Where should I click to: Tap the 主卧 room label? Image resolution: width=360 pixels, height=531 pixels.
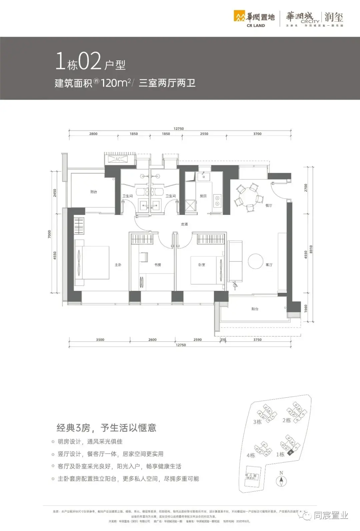click(x=118, y=265)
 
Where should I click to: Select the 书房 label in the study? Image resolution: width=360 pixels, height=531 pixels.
click(x=158, y=265)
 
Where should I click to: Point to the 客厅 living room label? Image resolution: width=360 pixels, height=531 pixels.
click(x=269, y=265)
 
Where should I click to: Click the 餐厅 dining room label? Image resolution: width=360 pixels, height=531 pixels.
click(x=269, y=206)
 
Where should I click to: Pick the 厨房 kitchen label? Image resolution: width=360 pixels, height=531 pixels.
click(x=203, y=196)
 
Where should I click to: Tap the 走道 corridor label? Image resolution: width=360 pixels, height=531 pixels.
click(x=184, y=224)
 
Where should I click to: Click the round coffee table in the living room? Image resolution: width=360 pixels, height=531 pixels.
click(x=256, y=261)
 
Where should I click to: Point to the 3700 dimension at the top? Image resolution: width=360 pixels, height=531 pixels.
click(x=257, y=134)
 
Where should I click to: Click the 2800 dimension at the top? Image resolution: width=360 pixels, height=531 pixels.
click(x=93, y=134)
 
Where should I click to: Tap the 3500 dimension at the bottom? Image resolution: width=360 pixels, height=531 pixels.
click(x=100, y=340)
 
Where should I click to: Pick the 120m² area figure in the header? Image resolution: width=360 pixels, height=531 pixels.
click(x=115, y=83)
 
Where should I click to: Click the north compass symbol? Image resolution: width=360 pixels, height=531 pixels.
click(x=282, y=481)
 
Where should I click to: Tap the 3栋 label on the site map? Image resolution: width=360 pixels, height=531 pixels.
click(x=257, y=422)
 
